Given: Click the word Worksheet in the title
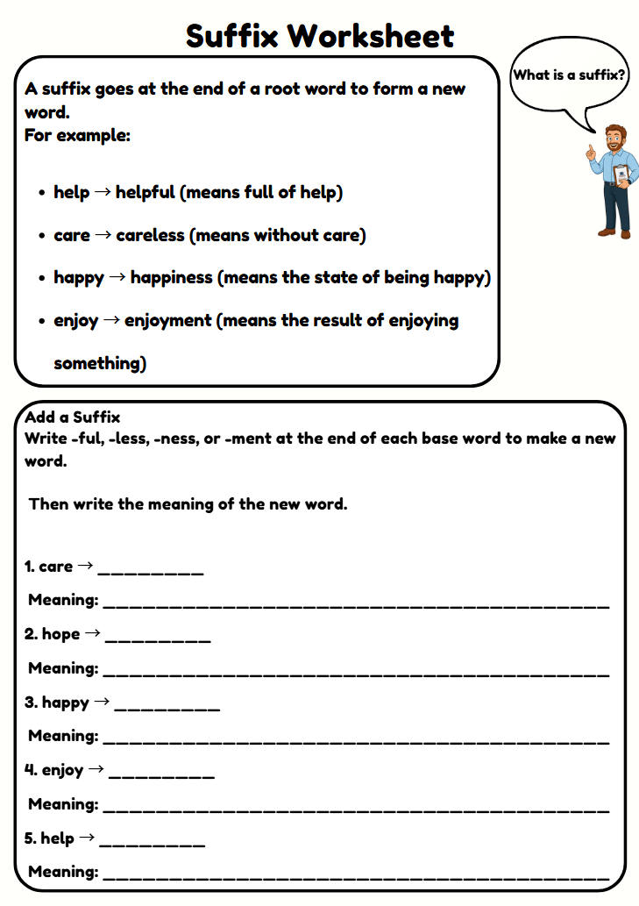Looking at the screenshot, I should [371, 36].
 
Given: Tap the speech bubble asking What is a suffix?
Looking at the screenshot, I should [569, 75].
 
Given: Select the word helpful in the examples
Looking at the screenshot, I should [146, 192].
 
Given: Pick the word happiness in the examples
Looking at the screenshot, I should [172, 277].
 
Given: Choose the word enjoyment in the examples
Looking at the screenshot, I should [169, 320].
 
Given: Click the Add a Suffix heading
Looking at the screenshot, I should [73, 417].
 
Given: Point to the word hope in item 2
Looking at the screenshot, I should [60, 634].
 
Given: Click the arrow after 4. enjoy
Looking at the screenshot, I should [96, 769].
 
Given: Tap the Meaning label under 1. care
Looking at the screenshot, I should [63, 600].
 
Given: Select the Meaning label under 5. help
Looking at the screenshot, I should [63, 872].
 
